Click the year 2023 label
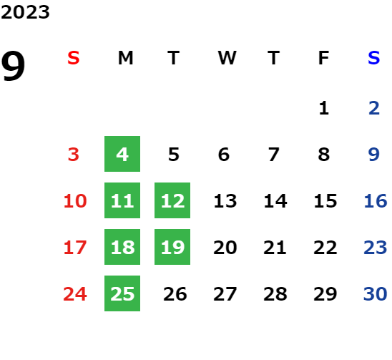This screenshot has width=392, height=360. (25, 12)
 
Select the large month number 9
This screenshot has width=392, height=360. (13, 66)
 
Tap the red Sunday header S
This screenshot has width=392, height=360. (74, 58)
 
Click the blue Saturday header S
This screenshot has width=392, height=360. (374, 58)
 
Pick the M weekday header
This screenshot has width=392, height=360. (125, 58)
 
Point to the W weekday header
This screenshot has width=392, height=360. (227, 58)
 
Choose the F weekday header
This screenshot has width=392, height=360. (323, 58)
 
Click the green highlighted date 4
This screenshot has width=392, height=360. (122, 154)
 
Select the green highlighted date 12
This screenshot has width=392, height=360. (172, 200)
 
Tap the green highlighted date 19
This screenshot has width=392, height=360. (172, 247)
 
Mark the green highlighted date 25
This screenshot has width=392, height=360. (122, 293)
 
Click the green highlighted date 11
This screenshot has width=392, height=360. (122, 200)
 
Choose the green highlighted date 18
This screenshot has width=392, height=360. (122, 247)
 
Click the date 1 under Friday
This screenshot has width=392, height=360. (324, 108)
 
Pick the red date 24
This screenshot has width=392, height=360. (75, 293)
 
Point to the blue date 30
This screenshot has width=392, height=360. (376, 293)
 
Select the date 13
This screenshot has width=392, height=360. (225, 200)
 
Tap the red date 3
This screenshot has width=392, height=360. (74, 155)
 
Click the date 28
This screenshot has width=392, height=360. (275, 293)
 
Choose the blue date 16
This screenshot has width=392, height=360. (376, 200)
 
